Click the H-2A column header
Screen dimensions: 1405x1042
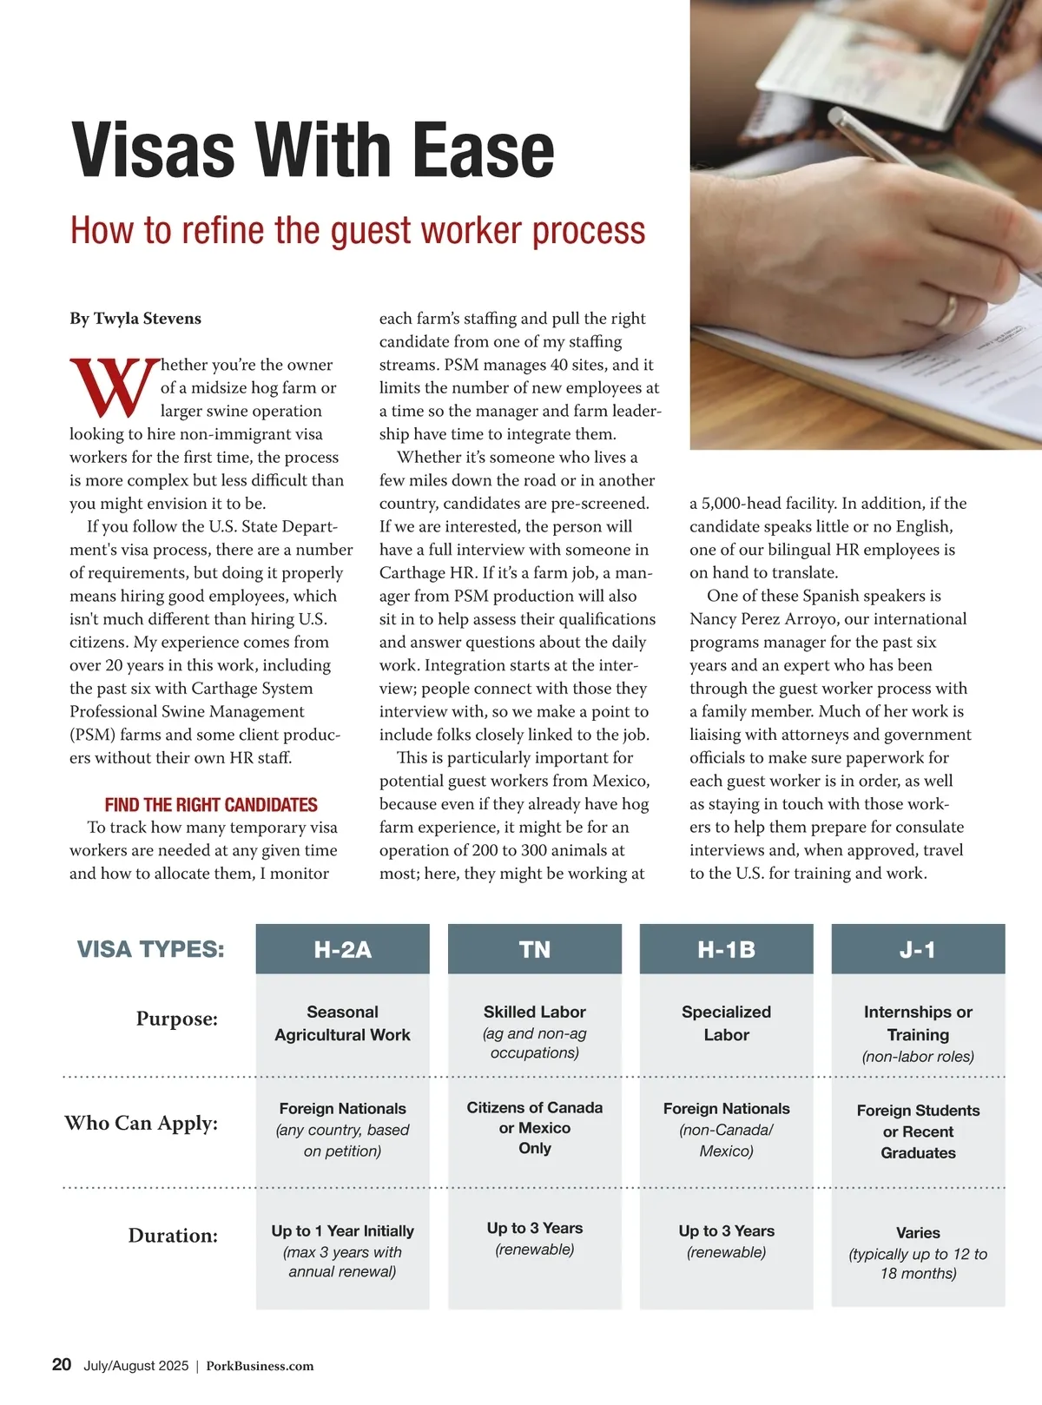pyautogui.click(x=342, y=949)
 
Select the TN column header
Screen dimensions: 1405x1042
pyautogui.click(x=534, y=949)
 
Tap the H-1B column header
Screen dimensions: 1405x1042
pyautogui.click(x=726, y=949)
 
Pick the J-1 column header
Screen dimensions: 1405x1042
pyautogui.click(x=918, y=949)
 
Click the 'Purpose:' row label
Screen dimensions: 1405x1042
pyautogui.click(x=176, y=1019)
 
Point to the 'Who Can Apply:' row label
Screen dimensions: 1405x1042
pyautogui.click(x=141, y=1123)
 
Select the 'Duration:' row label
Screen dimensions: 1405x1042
pyautogui.click(x=173, y=1235)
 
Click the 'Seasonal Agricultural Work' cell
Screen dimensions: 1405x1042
pyautogui.click(x=342, y=1023)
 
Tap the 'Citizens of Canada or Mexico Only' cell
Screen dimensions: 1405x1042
pyautogui.click(x=534, y=1127)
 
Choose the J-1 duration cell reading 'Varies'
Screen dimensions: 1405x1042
pyautogui.click(x=918, y=1233)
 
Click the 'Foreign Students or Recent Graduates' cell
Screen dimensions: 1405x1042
pyautogui.click(x=918, y=1131)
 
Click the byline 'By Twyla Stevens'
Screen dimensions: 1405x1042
pyautogui.click(x=135, y=319)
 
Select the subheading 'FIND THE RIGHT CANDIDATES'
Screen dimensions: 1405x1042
pyautogui.click(x=211, y=805)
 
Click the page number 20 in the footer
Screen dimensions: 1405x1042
pyautogui.click(x=62, y=1364)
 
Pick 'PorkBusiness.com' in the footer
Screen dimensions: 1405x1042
pyautogui.click(x=260, y=1366)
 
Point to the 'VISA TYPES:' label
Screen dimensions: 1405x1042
pyautogui.click(x=150, y=949)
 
